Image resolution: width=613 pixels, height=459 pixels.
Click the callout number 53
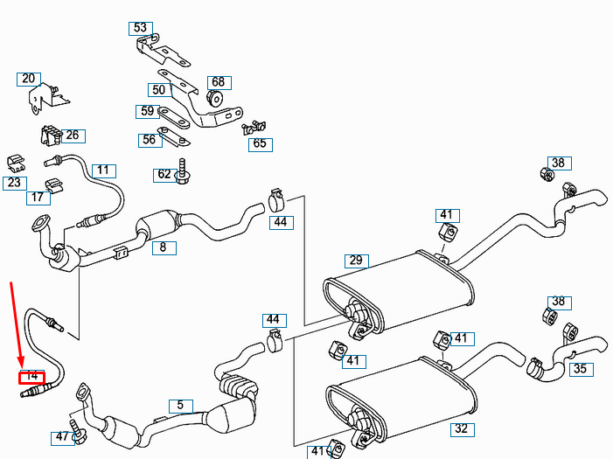(x=140, y=28)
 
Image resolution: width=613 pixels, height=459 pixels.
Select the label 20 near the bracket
(x=29, y=79)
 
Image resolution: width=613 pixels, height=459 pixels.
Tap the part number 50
(x=158, y=90)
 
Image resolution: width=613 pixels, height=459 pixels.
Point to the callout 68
(x=218, y=82)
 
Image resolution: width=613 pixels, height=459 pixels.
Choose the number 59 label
(x=147, y=111)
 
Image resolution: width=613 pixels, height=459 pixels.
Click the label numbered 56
(x=149, y=139)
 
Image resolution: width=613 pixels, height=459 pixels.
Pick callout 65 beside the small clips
(x=260, y=143)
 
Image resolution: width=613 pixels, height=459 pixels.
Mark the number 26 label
(x=72, y=135)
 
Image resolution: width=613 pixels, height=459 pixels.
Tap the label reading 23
(x=14, y=183)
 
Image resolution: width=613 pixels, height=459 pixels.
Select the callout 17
(x=37, y=198)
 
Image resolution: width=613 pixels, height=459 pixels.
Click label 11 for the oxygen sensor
(x=103, y=170)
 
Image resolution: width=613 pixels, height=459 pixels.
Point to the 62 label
(x=164, y=174)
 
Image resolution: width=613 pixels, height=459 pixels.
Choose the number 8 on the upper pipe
(x=163, y=247)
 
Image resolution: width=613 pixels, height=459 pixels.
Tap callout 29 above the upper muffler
(x=355, y=260)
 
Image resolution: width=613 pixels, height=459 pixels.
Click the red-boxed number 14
(x=31, y=376)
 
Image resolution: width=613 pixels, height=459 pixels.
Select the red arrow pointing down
(x=17, y=323)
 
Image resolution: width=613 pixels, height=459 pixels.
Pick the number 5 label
(x=180, y=405)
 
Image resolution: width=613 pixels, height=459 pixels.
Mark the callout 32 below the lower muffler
(x=461, y=428)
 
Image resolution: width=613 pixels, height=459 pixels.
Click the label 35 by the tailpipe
(x=580, y=368)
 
